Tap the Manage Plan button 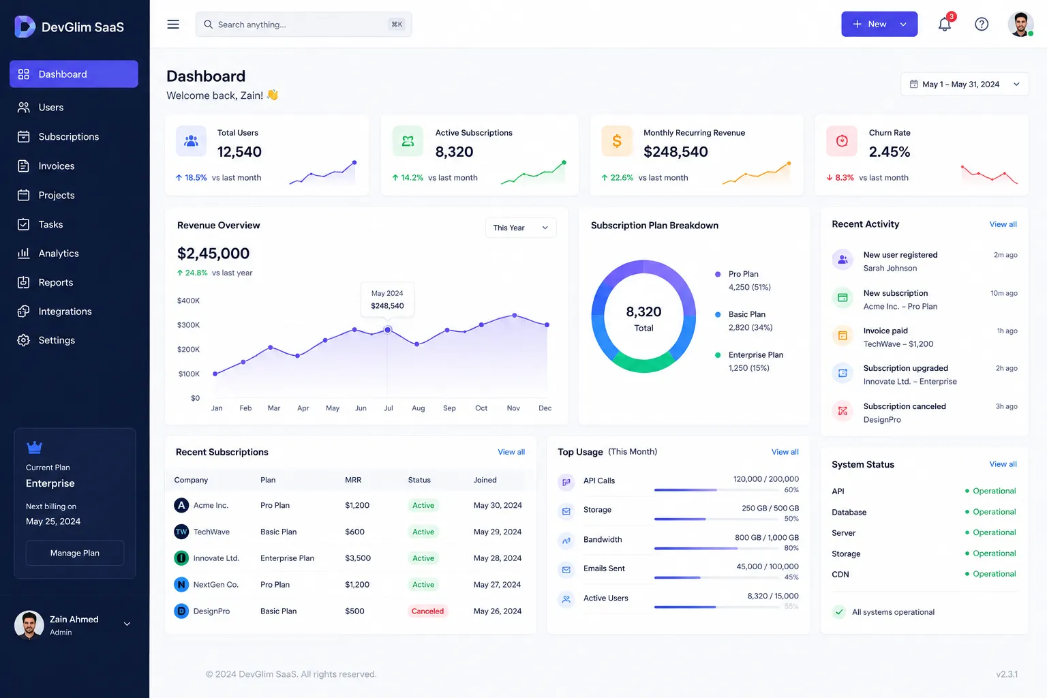pyautogui.click(x=75, y=553)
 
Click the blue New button pyautogui.click(x=879, y=25)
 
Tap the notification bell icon pyautogui.click(x=944, y=25)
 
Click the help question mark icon pyautogui.click(x=982, y=25)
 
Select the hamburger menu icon pyautogui.click(x=173, y=25)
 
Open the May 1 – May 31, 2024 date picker pyautogui.click(x=965, y=84)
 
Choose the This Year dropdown pyautogui.click(x=521, y=228)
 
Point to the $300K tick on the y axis pyautogui.click(x=188, y=325)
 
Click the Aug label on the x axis pyautogui.click(x=419, y=408)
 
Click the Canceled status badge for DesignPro pyautogui.click(x=427, y=611)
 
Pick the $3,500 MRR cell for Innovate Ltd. pyautogui.click(x=358, y=558)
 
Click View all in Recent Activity pyautogui.click(x=1003, y=224)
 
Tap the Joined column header pyautogui.click(x=485, y=480)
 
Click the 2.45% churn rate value pyautogui.click(x=890, y=152)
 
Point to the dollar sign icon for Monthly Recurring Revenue pyautogui.click(x=617, y=140)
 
